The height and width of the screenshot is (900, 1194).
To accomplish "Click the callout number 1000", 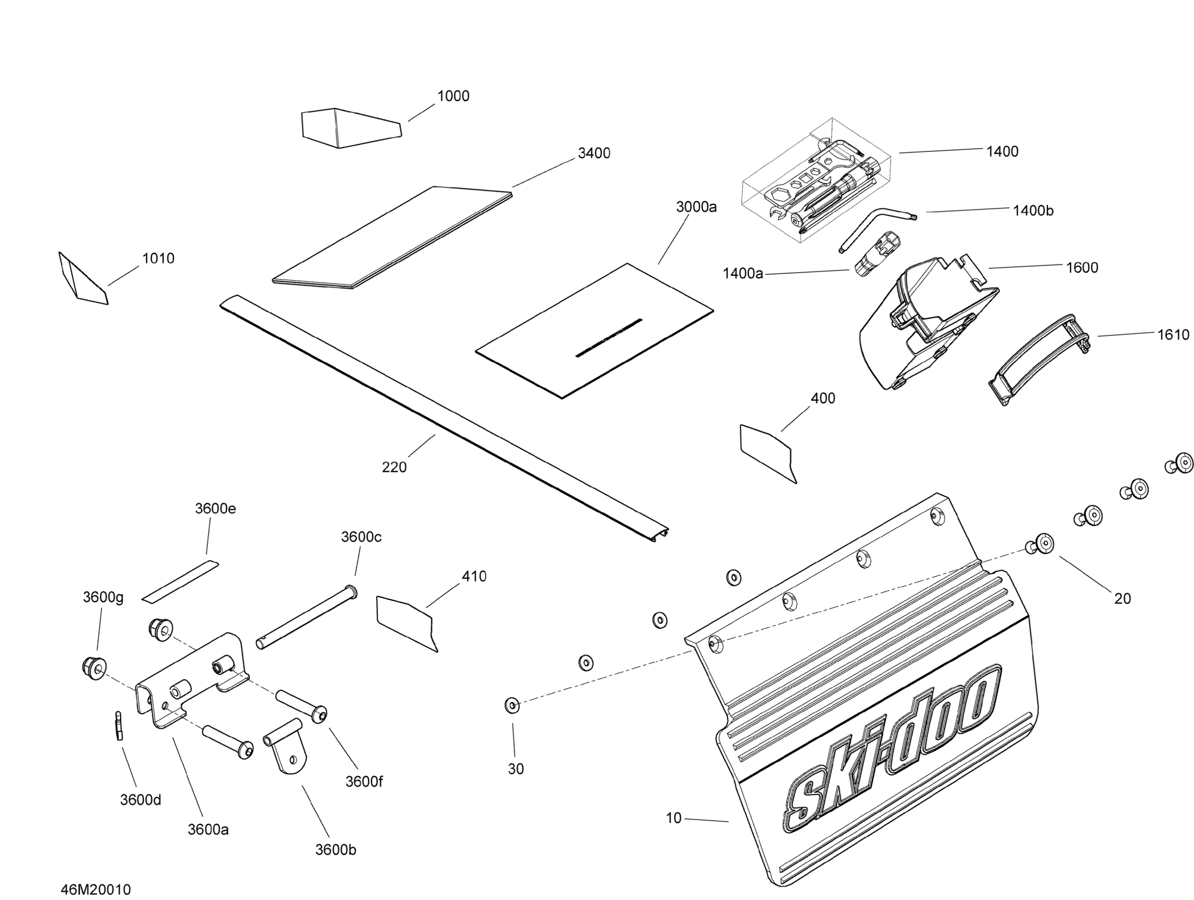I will [453, 96].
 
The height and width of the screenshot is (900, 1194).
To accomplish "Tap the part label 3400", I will [594, 153].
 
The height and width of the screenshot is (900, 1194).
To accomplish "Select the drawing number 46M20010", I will [95, 889].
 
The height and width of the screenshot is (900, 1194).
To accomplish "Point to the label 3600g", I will [103, 597].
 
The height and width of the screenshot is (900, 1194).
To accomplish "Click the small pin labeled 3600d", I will [119, 726].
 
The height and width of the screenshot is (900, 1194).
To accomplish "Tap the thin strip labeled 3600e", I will [180, 582].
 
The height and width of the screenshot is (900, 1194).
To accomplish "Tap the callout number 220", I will [394, 467].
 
